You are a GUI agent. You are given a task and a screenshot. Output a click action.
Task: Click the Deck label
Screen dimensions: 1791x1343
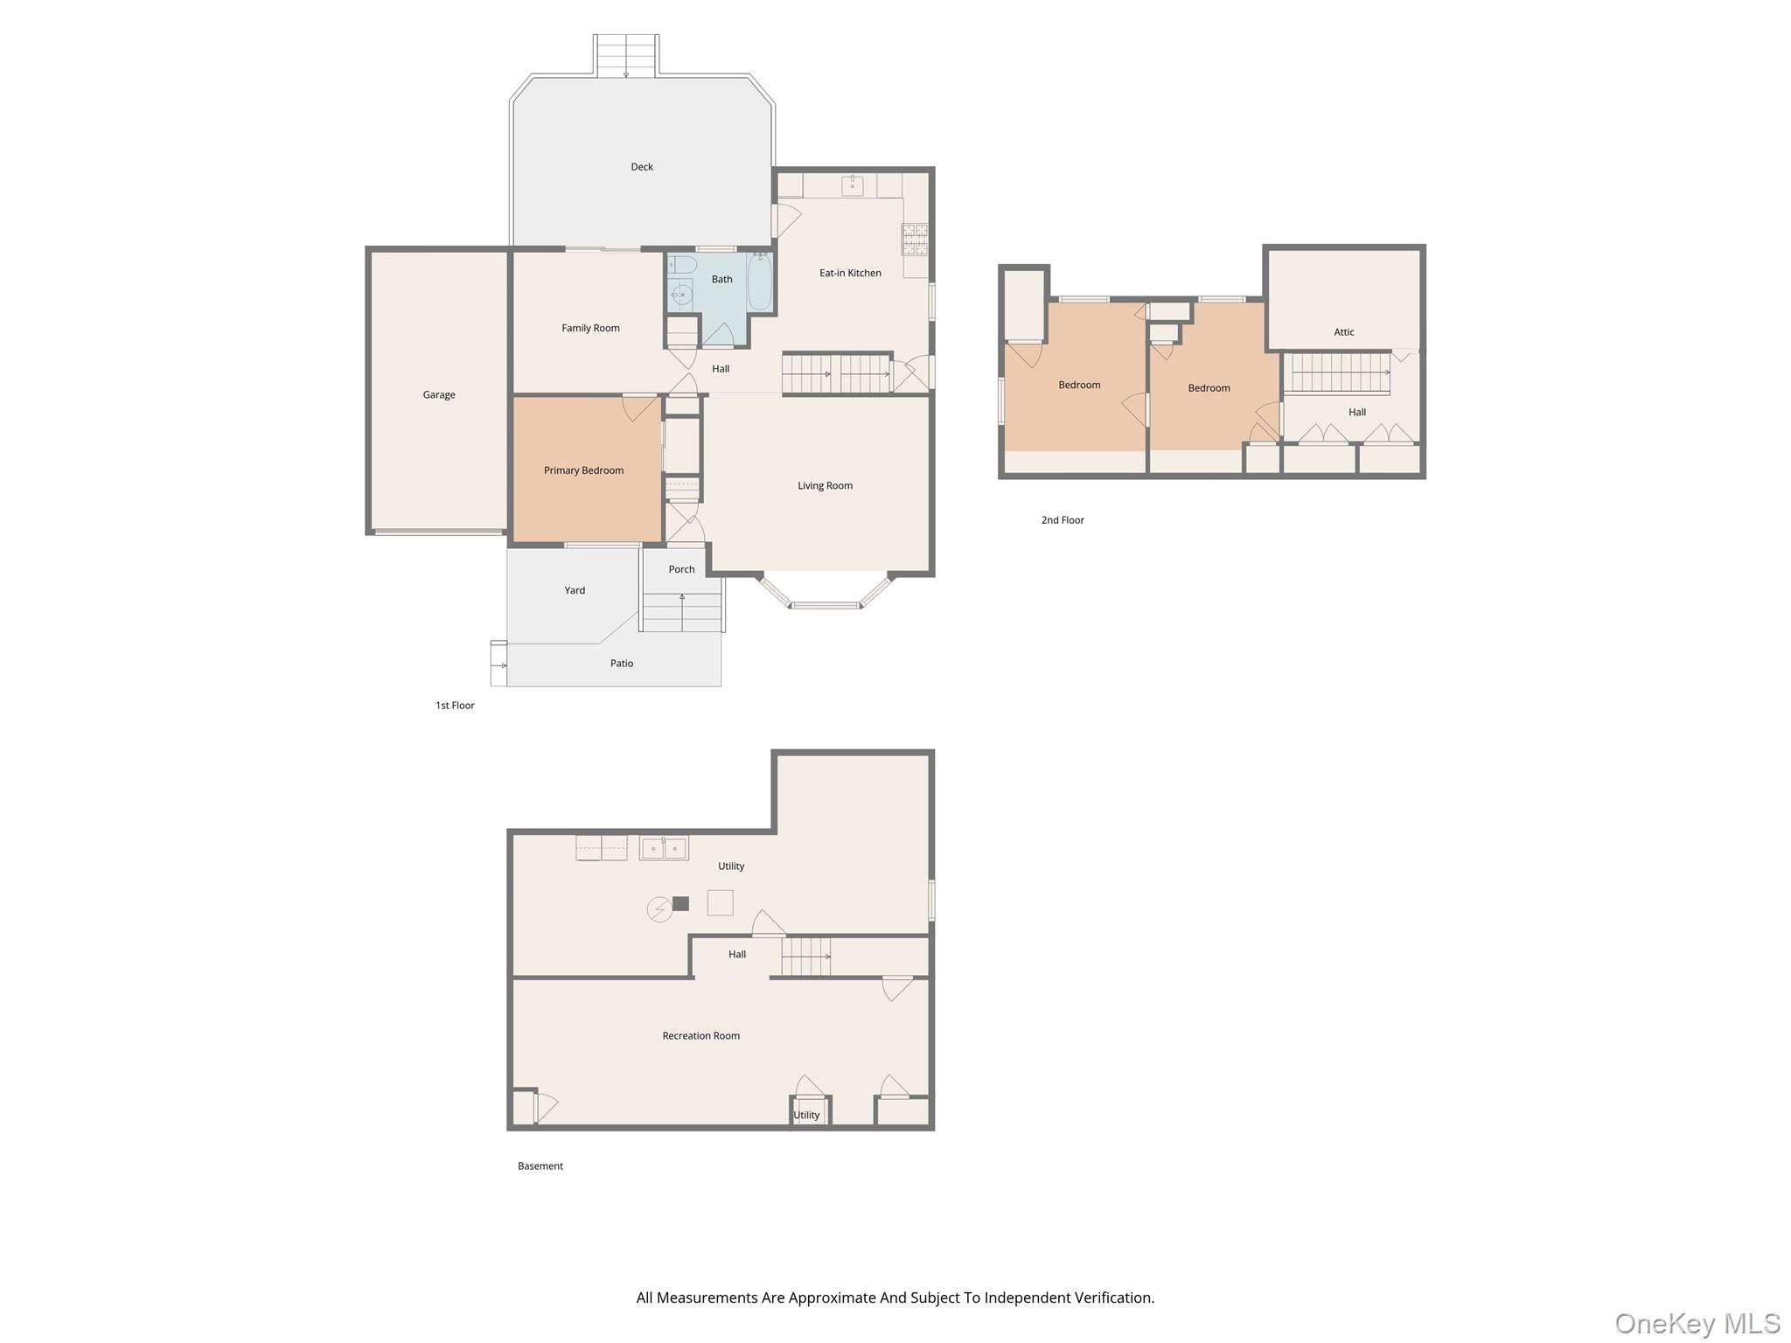[642, 167]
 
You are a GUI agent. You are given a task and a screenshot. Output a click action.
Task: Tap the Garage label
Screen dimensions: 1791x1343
[439, 395]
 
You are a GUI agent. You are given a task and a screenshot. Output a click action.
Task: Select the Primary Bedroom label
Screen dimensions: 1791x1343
[583, 470]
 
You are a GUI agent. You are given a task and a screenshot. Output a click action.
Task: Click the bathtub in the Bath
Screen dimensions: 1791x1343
[760, 281]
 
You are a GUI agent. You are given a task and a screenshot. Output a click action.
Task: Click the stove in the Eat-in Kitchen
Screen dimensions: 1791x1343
[915, 240]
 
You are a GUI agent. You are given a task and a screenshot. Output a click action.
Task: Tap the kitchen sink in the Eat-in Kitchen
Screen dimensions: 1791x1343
[852, 185]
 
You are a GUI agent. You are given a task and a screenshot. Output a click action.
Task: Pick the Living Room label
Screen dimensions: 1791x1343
[825, 486]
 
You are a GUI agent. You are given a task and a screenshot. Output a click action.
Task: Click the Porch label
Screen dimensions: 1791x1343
[681, 569]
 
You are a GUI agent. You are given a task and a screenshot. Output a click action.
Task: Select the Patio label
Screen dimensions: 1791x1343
[622, 664]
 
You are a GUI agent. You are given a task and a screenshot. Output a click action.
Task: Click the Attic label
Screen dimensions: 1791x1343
[1344, 332]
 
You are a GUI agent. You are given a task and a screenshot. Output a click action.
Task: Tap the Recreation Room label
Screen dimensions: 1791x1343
[700, 1036]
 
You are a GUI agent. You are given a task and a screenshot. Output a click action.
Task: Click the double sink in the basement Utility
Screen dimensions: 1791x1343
[664, 848]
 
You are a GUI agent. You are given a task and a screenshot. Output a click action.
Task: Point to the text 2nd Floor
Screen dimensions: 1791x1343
[1063, 520]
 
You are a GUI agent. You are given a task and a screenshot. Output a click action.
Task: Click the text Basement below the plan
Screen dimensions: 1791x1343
[540, 1166]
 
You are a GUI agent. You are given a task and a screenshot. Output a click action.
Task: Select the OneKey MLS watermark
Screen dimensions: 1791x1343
[1697, 1324]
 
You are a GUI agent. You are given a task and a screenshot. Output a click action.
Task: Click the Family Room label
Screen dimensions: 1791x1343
[590, 329]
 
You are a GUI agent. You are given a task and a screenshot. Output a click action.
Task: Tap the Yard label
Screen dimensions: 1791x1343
[575, 591]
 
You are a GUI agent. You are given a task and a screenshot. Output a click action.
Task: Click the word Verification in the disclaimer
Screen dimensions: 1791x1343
[1112, 1298]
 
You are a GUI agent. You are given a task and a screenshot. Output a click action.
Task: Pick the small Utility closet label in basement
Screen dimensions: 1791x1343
[806, 1116]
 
